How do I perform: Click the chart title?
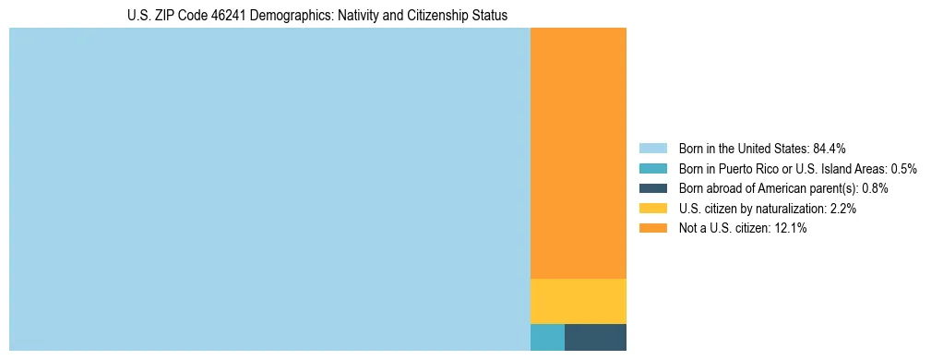point(317,16)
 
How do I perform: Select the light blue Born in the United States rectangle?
point(269,189)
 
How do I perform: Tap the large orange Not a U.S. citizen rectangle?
point(579,153)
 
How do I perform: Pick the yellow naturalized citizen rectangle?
point(579,301)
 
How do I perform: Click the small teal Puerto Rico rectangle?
point(547,338)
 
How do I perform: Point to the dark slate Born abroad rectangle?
point(595,338)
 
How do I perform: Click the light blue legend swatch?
point(652,148)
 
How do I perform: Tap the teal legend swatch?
point(652,168)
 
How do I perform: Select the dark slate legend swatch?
point(652,188)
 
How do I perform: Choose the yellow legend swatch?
point(652,209)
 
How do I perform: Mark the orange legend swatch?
point(652,228)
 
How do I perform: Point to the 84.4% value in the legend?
point(830,148)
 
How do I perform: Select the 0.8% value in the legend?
point(875,188)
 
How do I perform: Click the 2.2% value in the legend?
point(842,209)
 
